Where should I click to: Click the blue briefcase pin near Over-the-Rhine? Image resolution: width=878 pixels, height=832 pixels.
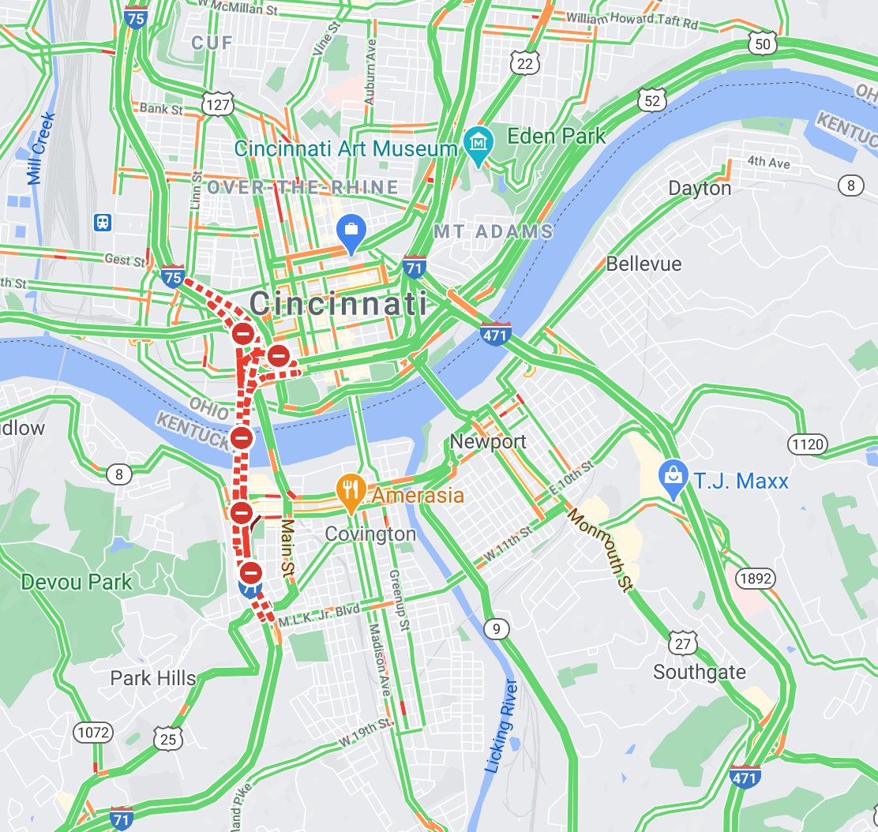(x=349, y=229)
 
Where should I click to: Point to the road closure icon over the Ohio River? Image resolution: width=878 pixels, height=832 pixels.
(x=242, y=437)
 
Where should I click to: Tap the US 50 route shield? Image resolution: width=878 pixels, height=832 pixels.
(x=762, y=44)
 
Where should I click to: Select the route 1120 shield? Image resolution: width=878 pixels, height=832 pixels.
(x=807, y=444)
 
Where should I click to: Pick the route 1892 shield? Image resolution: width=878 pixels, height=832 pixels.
(x=754, y=579)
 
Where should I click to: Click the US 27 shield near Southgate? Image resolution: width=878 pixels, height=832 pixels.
(x=682, y=643)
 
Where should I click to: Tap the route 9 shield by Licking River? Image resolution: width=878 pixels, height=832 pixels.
(x=496, y=629)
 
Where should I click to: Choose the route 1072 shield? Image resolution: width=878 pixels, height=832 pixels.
(x=93, y=732)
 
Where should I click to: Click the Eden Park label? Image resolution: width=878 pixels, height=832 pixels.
(x=557, y=136)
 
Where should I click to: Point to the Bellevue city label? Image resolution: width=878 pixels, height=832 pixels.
(x=643, y=264)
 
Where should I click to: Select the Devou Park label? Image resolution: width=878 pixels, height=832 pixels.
(x=77, y=583)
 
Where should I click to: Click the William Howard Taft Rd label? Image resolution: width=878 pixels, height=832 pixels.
(x=632, y=20)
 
